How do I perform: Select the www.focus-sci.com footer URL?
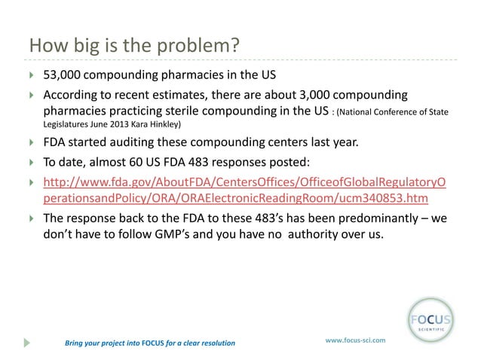(354, 340)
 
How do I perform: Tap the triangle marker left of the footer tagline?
(28, 343)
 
